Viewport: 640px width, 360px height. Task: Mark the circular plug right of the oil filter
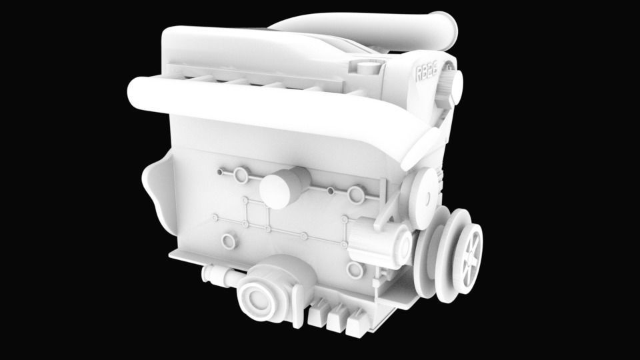[x=357, y=194]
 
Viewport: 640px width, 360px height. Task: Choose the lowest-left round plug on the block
[x=229, y=241]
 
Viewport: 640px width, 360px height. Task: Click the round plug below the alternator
[x=354, y=270]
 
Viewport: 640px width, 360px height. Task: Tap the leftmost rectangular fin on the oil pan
[x=319, y=314]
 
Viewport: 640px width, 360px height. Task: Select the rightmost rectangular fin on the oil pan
[x=357, y=321]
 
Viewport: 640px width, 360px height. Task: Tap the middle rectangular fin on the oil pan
[x=337, y=318]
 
